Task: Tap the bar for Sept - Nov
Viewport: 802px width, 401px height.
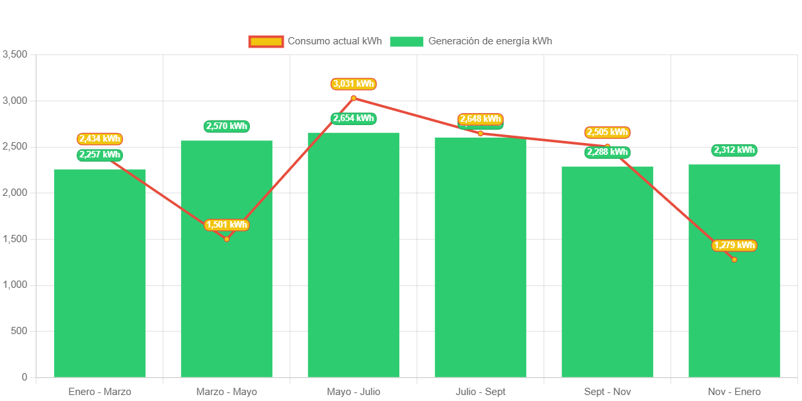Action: coord(607,271)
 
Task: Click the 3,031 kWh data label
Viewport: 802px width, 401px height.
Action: coord(354,84)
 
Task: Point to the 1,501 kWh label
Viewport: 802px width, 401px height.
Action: coord(227,225)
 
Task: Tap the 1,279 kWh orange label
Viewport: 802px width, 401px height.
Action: coord(734,245)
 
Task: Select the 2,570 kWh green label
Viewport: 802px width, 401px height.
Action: coord(227,126)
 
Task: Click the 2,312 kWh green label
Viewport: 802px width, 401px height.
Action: coord(734,150)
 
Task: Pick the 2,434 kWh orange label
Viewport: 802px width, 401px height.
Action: coord(100,139)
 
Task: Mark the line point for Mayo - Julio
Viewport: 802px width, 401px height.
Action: coord(354,98)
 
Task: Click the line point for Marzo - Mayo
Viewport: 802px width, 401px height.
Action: coord(227,239)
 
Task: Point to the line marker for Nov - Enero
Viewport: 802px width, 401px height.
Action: coord(734,259)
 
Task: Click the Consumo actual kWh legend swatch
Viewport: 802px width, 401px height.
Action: coord(266,41)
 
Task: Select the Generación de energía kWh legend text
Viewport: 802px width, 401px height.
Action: coord(490,41)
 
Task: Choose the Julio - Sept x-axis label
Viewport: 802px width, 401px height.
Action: coord(481,392)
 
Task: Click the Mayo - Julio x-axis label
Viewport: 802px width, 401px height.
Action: coord(354,392)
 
